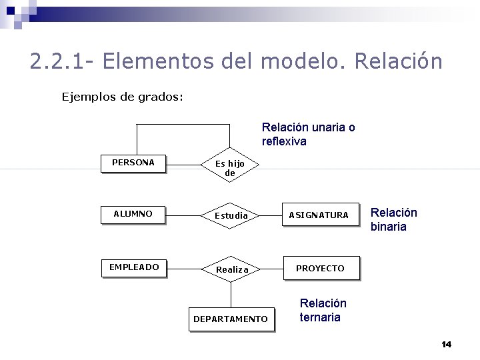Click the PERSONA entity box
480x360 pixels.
point(133,163)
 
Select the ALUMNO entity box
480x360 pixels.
point(133,214)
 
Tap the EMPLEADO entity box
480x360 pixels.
point(134,267)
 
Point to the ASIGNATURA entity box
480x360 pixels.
point(318,215)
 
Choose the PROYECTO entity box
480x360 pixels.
point(320,268)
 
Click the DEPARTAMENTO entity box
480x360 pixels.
point(231,319)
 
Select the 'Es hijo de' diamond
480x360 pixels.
point(230,167)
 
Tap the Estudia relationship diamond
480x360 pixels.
point(231,215)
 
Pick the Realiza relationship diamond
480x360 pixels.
point(231,269)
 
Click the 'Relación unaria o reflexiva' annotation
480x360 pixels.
point(308,134)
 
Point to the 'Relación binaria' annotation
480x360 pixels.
point(393,219)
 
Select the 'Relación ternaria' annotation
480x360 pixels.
point(323,310)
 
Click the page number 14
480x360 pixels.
point(446,344)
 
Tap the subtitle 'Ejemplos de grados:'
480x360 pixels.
point(123,97)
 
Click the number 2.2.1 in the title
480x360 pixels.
point(56,61)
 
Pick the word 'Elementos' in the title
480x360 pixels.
point(154,61)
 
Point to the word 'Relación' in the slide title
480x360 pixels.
point(399,61)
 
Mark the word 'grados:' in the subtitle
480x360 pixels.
point(161,97)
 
